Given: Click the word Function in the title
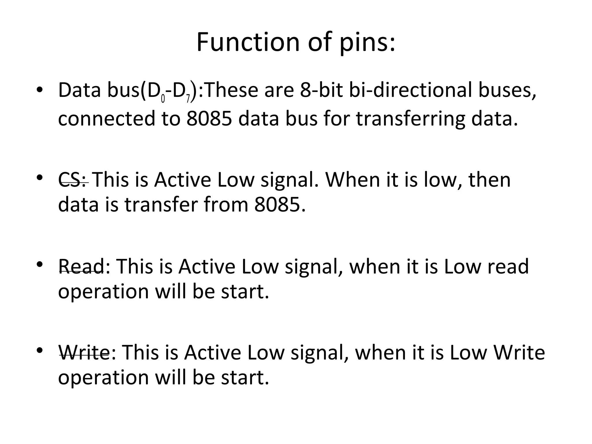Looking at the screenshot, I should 248,42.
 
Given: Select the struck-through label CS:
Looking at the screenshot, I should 73,180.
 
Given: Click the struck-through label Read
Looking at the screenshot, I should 82,266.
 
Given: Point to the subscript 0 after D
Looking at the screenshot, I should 163,99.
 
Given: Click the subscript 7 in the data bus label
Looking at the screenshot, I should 188,99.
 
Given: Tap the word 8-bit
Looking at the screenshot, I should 321,90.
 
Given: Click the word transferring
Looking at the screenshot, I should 411,119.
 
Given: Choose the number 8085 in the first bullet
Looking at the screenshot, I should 209,119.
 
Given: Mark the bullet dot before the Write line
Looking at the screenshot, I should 40,351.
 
